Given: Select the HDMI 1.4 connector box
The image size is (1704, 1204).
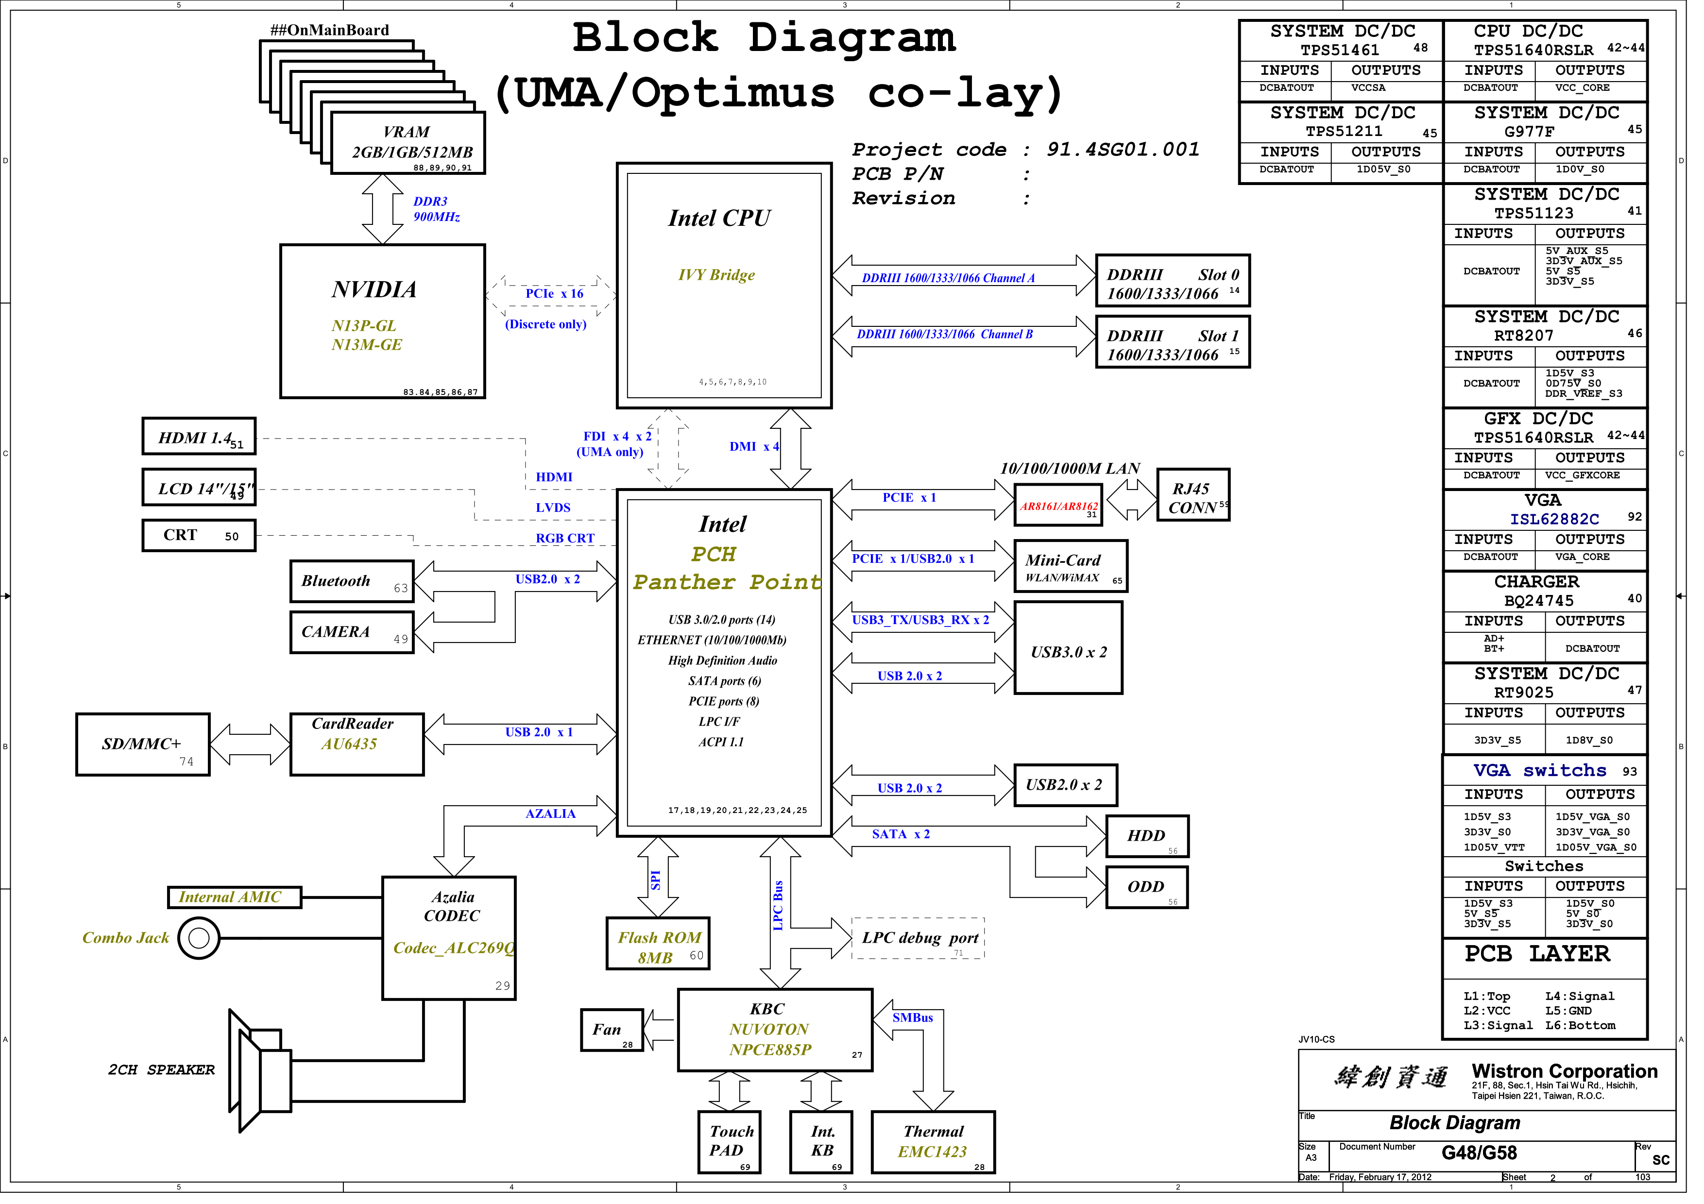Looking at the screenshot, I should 201,441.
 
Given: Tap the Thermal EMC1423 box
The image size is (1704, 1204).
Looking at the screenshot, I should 942,1152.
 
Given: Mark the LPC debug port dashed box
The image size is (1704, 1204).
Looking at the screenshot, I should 927,948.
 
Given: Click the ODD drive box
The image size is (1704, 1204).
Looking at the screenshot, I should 1158,896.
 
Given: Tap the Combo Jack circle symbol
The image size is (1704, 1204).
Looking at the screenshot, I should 201,948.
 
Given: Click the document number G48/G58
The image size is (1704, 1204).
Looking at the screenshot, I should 1494,1164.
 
